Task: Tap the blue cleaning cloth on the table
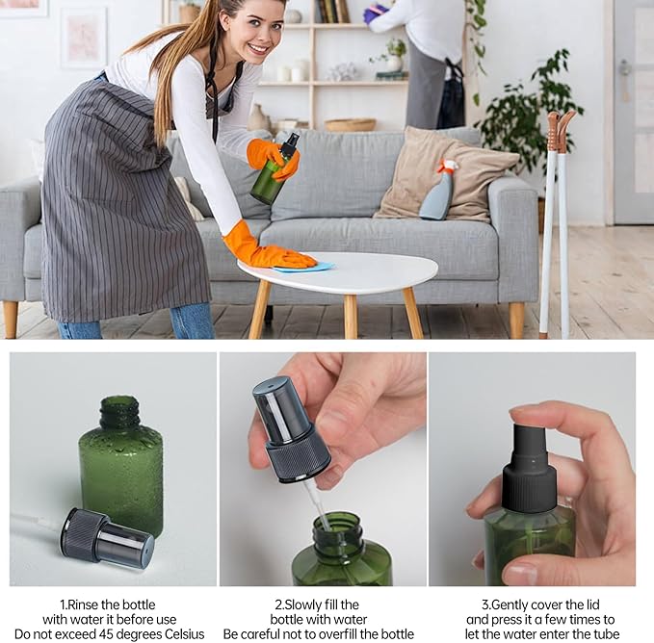pos(303,267)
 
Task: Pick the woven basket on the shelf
pos(351,124)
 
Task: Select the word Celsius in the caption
pos(179,634)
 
